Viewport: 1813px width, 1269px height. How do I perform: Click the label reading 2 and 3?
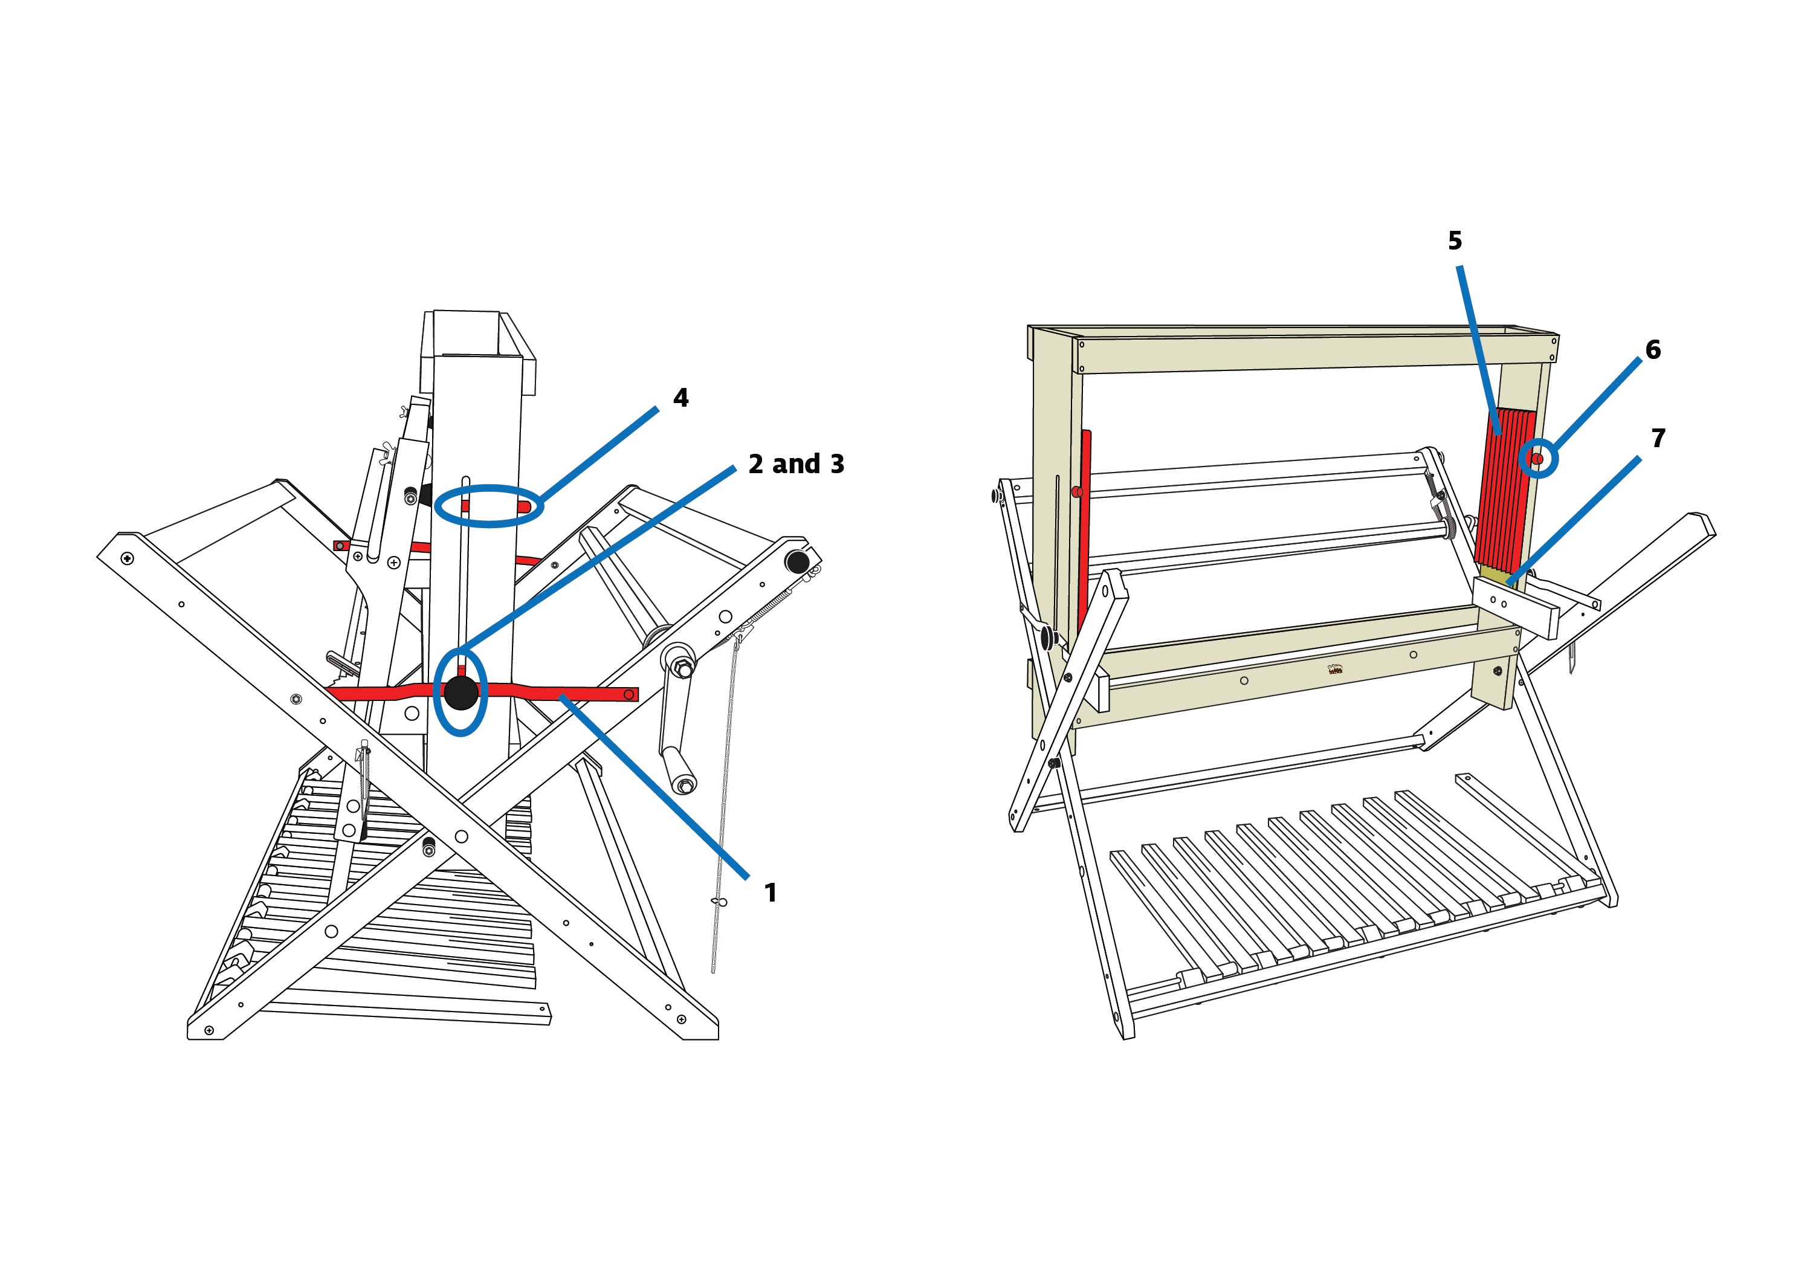click(795, 464)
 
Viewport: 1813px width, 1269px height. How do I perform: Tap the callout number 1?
click(770, 893)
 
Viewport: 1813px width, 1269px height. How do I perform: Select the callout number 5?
click(1455, 241)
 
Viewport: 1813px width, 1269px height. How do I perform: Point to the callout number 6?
click(1653, 350)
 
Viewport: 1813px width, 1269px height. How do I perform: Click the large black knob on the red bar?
click(461, 693)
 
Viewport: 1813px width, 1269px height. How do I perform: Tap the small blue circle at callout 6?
click(1538, 459)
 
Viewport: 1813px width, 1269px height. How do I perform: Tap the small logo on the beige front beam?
click(1335, 670)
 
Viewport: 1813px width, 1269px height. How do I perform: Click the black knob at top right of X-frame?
click(797, 562)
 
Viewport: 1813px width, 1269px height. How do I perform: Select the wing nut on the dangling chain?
click(718, 902)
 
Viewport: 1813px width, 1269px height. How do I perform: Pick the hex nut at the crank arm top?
click(684, 670)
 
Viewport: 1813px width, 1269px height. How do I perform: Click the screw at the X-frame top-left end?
click(127, 558)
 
